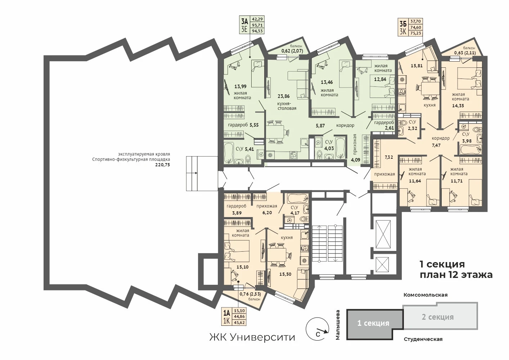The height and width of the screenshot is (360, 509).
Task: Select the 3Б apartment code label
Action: click(x=403, y=24)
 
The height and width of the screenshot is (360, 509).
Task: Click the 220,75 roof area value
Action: click(x=162, y=165)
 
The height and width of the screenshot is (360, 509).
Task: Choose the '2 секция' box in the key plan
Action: click(x=440, y=316)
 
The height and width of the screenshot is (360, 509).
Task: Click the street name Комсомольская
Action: click(x=425, y=295)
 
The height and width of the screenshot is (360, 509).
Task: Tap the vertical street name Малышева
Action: click(x=338, y=325)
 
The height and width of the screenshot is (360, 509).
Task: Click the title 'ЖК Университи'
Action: click(x=252, y=337)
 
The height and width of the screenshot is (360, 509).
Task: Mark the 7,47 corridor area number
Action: click(x=436, y=145)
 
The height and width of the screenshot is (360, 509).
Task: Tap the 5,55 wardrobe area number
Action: click(x=254, y=125)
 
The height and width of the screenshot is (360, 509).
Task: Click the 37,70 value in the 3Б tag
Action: click(x=416, y=21)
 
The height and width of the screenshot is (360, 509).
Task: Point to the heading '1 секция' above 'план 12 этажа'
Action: click(x=442, y=264)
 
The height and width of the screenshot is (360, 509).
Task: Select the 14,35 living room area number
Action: click(x=458, y=106)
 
